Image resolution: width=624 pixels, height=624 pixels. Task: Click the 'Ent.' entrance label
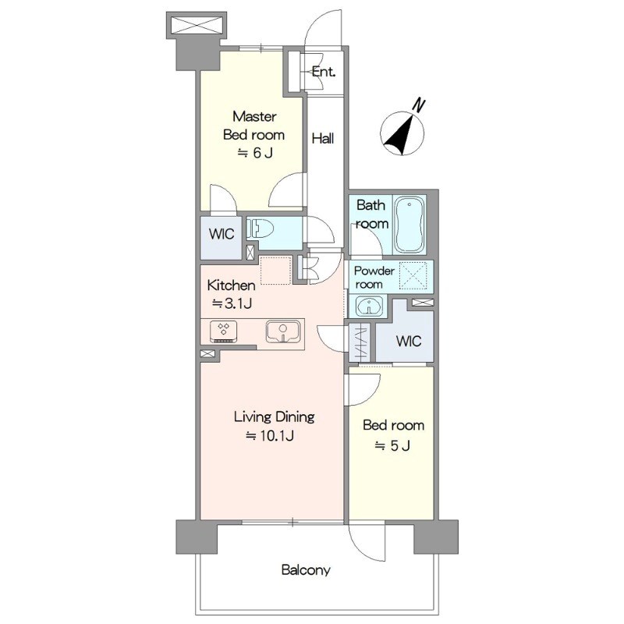click(323, 72)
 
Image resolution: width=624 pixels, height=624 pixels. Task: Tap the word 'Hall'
click(323, 139)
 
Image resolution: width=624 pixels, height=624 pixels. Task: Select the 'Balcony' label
click(306, 570)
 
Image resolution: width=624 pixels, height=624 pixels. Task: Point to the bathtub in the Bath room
click(409, 225)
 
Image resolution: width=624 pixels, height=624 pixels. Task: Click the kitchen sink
click(282, 331)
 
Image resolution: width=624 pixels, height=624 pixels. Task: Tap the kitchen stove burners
click(224, 331)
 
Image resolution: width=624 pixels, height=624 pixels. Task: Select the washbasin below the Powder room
click(369, 306)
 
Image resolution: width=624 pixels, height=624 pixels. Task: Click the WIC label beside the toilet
click(222, 234)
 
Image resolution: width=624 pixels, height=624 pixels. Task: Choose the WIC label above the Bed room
click(409, 341)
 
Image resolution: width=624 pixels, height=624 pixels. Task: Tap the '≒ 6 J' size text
click(255, 153)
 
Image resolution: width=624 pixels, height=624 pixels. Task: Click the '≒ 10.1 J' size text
click(270, 436)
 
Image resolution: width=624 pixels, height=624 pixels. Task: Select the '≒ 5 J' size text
click(392, 445)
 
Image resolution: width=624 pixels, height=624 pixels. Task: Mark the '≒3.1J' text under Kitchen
click(232, 304)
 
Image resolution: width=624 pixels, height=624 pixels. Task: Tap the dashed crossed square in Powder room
click(413, 276)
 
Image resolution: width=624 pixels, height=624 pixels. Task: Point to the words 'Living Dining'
click(275, 417)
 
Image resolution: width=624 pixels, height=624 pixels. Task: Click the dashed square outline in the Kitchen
click(275, 271)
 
